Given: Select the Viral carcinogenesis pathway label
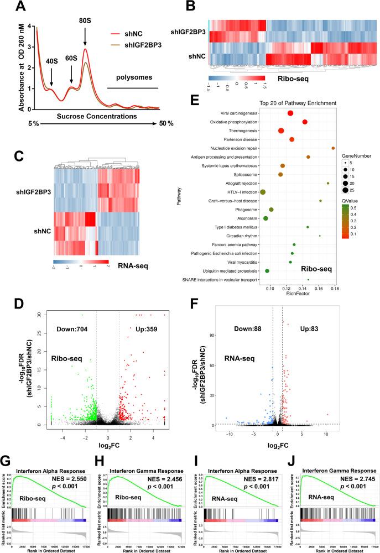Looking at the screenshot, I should click(x=248, y=113).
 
